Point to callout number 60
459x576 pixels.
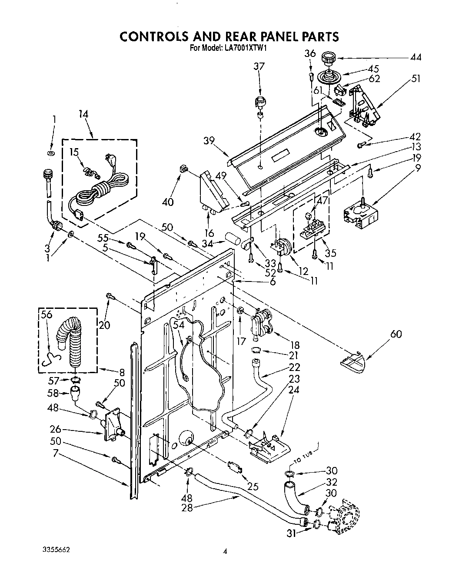(396, 334)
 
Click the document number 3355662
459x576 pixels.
(54, 549)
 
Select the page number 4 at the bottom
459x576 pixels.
(225, 552)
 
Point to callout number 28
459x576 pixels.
(187, 507)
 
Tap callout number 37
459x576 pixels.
(259, 66)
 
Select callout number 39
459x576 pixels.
(209, 141)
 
